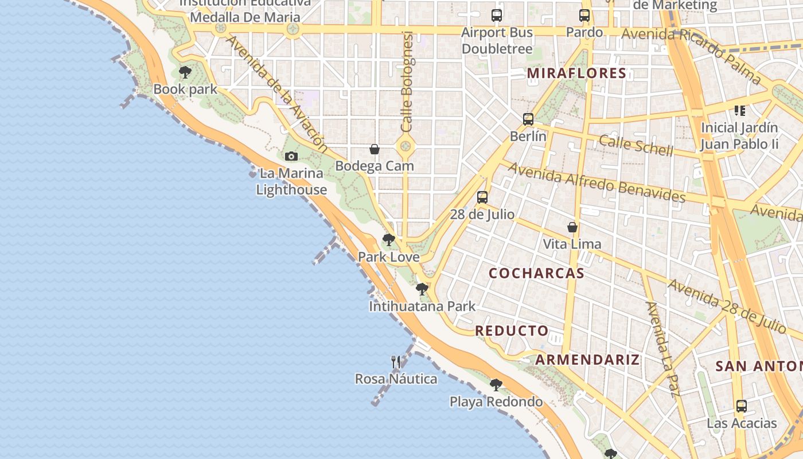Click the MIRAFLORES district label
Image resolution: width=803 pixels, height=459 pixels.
tap(576, 73)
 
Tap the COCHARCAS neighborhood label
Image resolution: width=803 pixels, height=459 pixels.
tap(536, 273)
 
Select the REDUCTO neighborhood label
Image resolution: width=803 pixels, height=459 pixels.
tap(512, 330)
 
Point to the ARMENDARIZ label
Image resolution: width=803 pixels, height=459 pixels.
tap(587, 360)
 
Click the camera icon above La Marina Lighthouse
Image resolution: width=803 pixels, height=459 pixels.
tap(291, 156)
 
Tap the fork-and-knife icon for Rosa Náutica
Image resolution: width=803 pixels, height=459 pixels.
tap(396, 361)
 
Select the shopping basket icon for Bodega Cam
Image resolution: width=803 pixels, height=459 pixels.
tap(375, 149)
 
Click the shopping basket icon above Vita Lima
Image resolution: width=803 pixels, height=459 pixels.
tap(572, 227)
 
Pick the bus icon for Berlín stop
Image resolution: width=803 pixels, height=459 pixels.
tap(528, 119)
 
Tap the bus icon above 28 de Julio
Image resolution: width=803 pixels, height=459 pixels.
tap(482, 197)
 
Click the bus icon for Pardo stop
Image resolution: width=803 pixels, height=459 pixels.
tap(584, 15)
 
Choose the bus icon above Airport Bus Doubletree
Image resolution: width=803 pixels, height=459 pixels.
tap(497, 15)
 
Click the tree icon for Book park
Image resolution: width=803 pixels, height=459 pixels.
tap(185, 72)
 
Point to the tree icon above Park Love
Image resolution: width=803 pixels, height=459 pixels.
tap(388, 239)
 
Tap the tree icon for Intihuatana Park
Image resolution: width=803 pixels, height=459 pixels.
tap(422, 289)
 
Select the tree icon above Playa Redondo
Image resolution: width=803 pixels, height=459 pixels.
tap(496, 384)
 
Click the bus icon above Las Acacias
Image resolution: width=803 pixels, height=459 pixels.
tap(742, 406)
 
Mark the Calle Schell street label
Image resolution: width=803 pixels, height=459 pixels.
tap(636, 145)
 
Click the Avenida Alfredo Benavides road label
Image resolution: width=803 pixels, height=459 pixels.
tap(597, 182)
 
